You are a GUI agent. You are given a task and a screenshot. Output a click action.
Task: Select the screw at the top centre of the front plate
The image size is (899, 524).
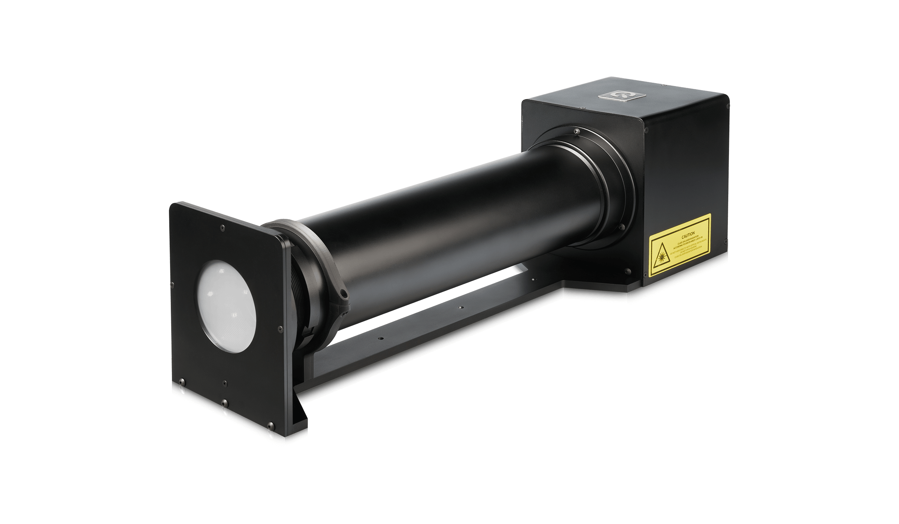(223, 227)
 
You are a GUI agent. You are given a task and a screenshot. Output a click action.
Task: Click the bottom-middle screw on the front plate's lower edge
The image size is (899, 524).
(224, 403)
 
